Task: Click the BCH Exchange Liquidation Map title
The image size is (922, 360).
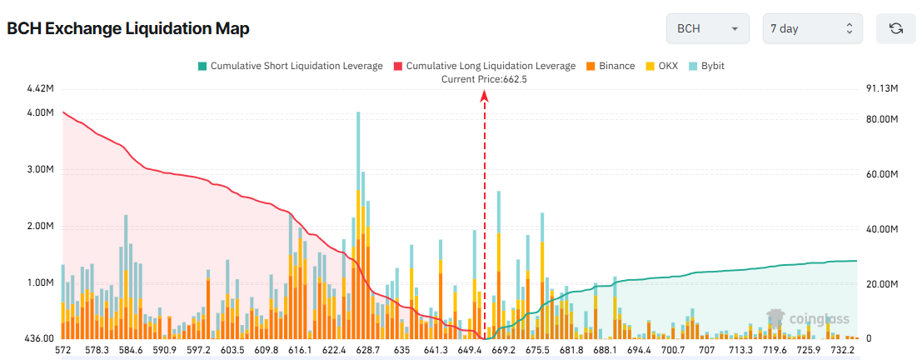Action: [128, 28]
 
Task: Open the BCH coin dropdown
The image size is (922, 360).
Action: [707, 28]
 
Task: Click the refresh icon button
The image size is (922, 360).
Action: [896, 28]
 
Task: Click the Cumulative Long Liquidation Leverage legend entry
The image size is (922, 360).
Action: [484, 65]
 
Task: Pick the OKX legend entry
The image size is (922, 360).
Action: [663, 65]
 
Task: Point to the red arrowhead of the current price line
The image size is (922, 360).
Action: [484, 96]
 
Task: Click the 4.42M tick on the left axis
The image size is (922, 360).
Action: [40, 88]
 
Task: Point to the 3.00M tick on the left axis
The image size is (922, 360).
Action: [40, 169]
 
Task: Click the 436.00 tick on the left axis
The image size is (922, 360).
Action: [39, 339]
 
